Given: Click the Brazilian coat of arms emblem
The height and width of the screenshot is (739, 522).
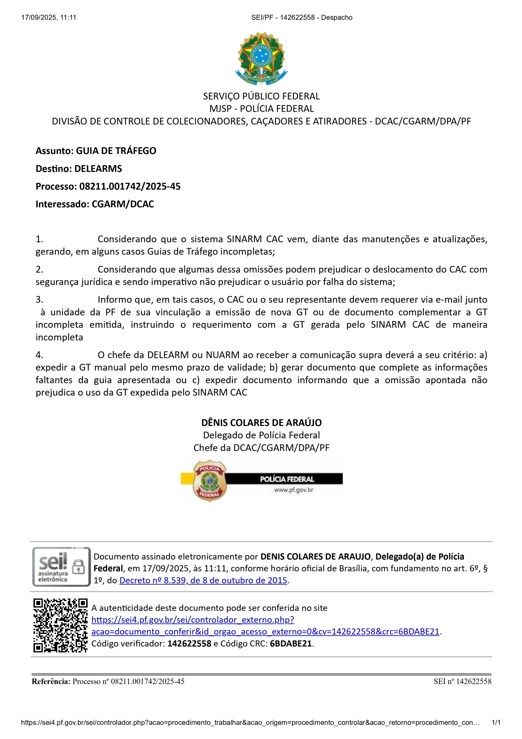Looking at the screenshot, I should point(261,58).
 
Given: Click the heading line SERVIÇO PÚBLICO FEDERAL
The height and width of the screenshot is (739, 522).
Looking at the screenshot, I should point(261,96).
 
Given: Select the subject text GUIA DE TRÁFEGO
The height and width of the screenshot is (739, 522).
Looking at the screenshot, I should point(116,151).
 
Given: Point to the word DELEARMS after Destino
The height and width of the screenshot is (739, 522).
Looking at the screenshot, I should point(98,169).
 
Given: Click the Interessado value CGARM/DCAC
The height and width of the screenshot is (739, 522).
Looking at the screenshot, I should point(123,204).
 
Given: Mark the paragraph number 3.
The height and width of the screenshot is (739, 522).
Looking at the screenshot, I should point(39,300).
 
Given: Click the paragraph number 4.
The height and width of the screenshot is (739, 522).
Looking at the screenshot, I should point(39,355).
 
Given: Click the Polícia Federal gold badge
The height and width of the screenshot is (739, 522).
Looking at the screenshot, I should point(209,481).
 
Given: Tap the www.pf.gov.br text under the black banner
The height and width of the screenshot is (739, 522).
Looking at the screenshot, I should point(293,490).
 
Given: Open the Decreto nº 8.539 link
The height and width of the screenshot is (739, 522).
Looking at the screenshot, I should point(203,580).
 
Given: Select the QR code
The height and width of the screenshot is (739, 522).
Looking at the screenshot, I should point(61,625).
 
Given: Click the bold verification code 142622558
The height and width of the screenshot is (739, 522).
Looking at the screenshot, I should point(189,643).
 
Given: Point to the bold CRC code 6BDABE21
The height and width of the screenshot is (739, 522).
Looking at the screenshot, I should point(291,643).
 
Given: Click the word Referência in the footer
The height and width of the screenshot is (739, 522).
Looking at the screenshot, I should point(51,681).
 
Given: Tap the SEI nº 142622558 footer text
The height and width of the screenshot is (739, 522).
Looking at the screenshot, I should point(462,681).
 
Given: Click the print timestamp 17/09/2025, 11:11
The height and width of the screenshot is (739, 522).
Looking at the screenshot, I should point(48,18).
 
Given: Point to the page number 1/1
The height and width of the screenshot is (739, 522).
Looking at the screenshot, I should point(496,723).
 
